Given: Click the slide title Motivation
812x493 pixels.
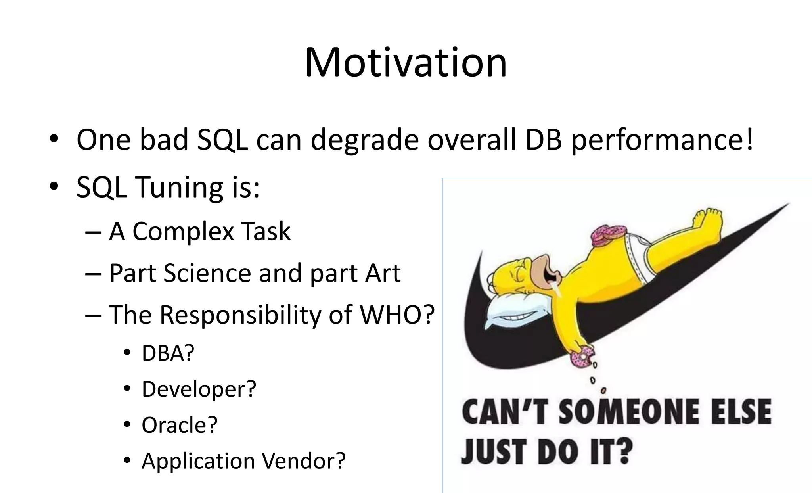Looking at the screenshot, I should click(406, 63).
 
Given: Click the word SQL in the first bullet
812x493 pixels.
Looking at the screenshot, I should click(222, 140).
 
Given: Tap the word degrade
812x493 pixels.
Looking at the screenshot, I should click(364, 140).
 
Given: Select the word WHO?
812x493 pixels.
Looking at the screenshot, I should click(397, 315).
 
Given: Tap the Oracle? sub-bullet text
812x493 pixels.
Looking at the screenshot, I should click(180, 425).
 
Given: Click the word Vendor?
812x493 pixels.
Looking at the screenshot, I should click(304, 461).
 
